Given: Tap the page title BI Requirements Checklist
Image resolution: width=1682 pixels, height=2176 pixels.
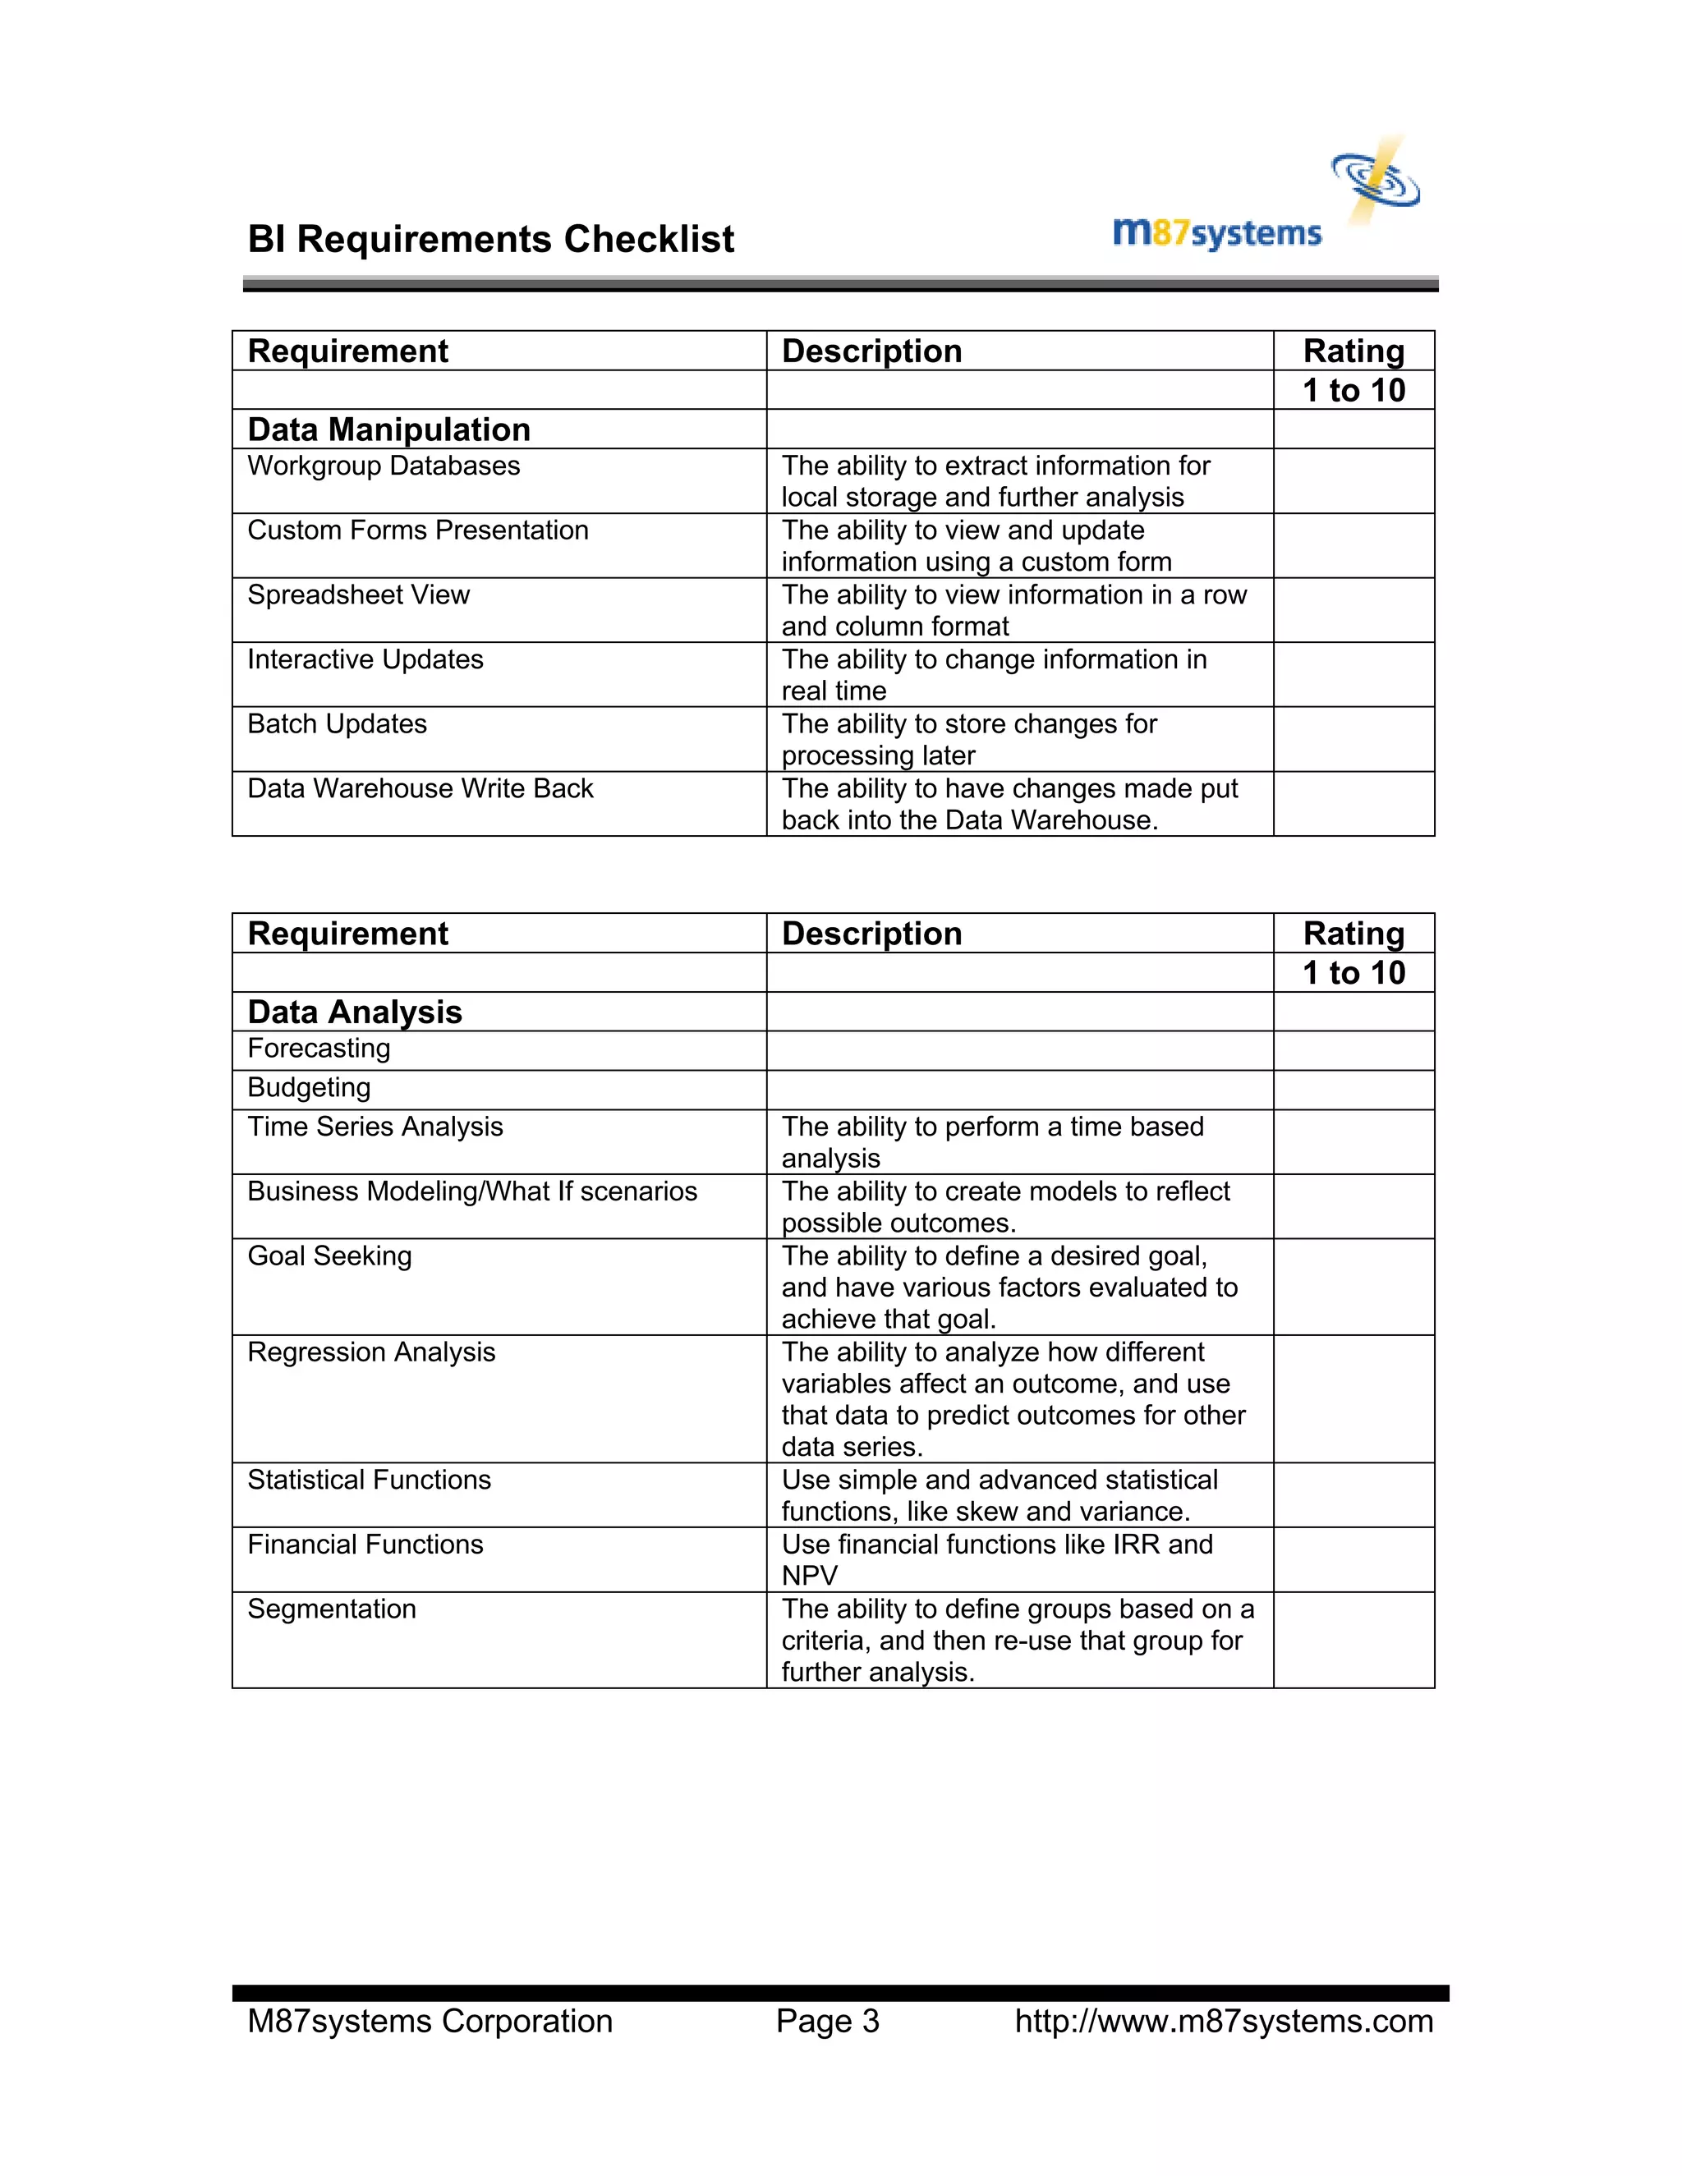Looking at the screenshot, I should [x=490, y=240].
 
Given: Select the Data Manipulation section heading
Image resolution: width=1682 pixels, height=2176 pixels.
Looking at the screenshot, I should [x=388, y=429].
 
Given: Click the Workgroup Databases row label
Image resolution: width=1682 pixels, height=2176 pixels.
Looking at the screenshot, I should [x=384, y=466].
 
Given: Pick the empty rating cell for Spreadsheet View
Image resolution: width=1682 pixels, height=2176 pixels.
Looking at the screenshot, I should [x=1353, y=610].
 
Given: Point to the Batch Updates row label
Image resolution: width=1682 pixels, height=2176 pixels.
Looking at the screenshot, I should [x=337, y=724].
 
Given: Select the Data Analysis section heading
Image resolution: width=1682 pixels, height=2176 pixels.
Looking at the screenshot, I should [x=355, y=1012].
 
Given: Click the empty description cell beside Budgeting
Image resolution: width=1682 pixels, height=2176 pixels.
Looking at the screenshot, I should [x=1018, y=1090].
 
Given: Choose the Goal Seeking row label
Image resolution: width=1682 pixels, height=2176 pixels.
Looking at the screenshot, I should [x=330, y=1256].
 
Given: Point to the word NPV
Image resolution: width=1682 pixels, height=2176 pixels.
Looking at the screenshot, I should [x=809, y=1577].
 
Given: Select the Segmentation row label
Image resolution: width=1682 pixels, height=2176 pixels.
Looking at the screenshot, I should [x=332, y=1609].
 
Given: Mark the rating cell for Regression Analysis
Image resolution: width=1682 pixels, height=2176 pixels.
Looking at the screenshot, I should [x=1353, y=1399].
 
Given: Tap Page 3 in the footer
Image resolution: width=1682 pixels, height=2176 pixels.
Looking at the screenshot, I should [x=827, y=2022].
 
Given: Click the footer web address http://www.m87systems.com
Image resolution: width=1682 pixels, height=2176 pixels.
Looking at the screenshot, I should [x=1224, y=2022].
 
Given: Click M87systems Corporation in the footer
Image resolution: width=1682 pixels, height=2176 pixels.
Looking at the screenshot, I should [x=430, y=2022].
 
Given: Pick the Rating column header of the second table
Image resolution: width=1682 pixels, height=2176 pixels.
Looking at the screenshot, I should [x=1353, y=934].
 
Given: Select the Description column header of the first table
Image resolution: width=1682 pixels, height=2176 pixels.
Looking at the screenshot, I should [x=872, y=351].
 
